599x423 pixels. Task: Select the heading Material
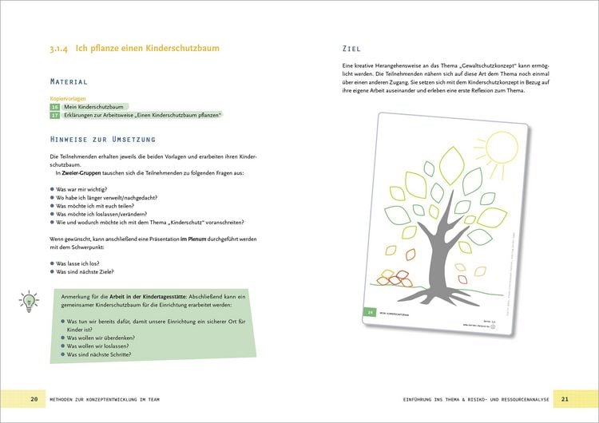69,81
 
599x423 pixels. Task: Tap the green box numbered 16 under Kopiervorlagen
54,106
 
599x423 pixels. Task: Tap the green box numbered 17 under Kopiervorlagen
54,115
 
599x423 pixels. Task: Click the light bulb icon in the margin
29,301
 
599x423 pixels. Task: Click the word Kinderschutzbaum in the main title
180,49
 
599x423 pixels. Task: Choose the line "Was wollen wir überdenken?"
106,338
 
